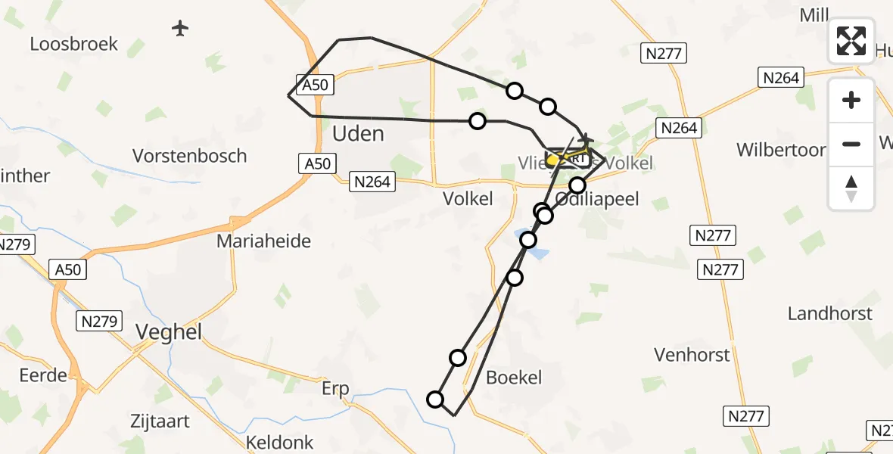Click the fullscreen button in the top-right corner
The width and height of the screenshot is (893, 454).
851,40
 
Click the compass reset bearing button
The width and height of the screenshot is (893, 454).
851,188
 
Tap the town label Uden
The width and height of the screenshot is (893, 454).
358,134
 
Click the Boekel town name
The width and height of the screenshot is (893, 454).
515,377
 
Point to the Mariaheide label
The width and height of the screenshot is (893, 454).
263,241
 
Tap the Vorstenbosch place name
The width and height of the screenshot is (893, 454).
189,156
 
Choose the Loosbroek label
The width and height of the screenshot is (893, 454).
74,44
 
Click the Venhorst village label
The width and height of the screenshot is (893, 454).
692,354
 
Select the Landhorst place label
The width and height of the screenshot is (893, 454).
829,313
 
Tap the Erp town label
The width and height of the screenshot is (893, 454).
335,389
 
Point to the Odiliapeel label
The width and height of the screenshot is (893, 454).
598,199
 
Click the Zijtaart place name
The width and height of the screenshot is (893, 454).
159,421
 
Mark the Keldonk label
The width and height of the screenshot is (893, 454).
280,443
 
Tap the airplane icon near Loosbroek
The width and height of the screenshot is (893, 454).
179,29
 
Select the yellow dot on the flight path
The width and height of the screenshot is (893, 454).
552,160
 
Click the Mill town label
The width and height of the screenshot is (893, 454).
814,15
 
